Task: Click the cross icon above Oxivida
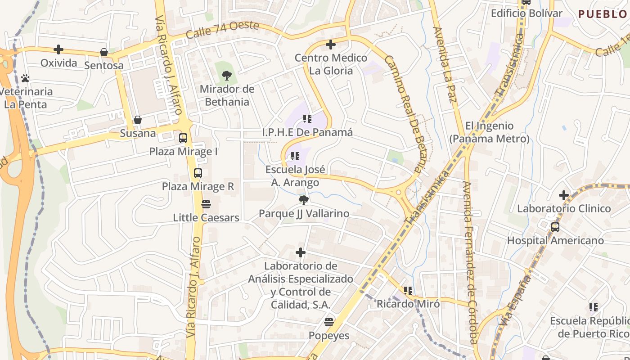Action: (58, 49)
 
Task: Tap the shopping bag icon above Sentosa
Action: (104, 52)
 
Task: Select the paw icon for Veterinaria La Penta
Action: (25, 78)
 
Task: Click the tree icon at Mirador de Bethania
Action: (227, 76)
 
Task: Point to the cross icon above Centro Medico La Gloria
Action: (331, 45)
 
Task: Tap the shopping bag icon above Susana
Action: (138, 120)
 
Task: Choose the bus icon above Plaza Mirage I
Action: (183, 138)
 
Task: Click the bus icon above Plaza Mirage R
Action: (198, 173)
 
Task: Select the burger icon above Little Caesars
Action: (206, 204)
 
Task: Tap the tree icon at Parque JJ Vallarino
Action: (304, 200)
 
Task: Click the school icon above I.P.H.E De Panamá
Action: (307, 119)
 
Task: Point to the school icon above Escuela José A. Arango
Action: (295, 156)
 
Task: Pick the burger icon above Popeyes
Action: (329, 322)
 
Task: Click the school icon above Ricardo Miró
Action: (408, 291)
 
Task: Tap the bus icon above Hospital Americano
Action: (555, 227)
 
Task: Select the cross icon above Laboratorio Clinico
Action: (564, 195)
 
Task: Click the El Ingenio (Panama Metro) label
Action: (490, 132)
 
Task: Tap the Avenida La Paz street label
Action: (445, 71)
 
